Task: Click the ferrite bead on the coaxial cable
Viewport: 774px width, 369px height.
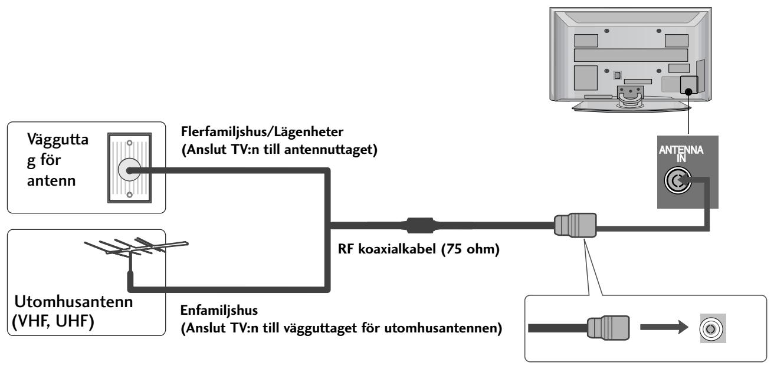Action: point(419,225)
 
